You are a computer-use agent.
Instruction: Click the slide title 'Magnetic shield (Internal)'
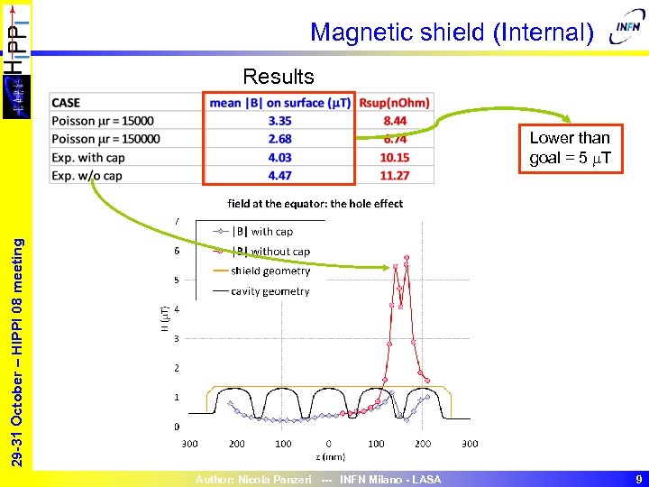pyautogui.click(x=452, y=33)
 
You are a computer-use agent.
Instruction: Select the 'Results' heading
pyautogui.click(x=279, y=77)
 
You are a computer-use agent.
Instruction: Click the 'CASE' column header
pyautogui.click(x=67, y=103)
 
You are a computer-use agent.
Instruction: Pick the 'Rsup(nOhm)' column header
pyautogui.click(x=394, y=103)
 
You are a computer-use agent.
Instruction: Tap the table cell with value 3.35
pyautogui.click(x=279, y=121)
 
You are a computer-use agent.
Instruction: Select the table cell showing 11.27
pyautogui.click(x=395, y=175)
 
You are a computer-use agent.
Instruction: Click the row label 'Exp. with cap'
pyautogui.click(x=89, y=157)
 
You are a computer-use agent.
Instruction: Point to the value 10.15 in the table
pyautogui.click(x=395, y=157)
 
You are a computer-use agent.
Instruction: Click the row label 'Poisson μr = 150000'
pyautogui.click(x=106, y=139)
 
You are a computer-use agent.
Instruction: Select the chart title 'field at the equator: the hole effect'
pyautogui.click(x=315, y=204)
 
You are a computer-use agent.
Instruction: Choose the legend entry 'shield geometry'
pyautogui.click(x=270, y=271)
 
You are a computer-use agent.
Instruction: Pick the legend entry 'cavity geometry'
pyautogui.click(x=270, y=290)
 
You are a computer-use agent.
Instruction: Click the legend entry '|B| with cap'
pyautogui.click(x=261, y=232)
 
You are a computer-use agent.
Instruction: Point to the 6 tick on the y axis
pyautogui.click(x=176, y=251)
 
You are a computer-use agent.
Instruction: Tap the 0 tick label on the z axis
pyautogui.click(x=329, y=444)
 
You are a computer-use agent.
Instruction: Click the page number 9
pyautogui.click(x=637, y=480)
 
